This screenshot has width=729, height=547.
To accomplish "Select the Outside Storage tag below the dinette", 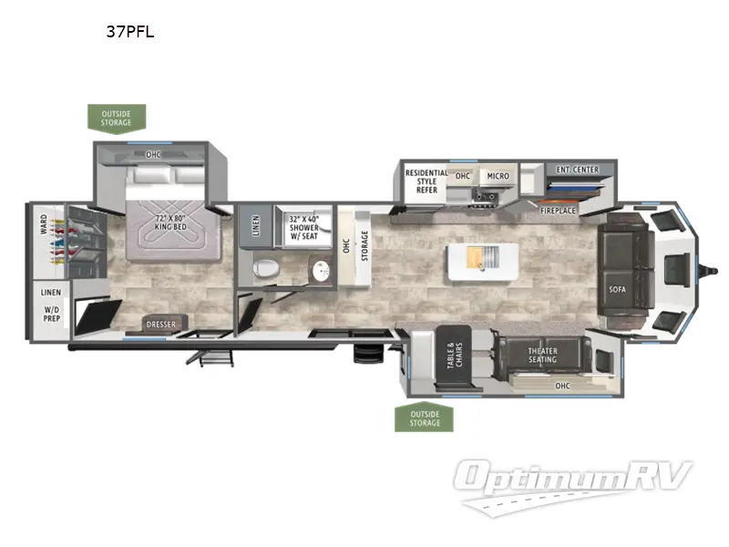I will point(425,418).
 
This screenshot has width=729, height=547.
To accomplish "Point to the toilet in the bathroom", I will point(265,269).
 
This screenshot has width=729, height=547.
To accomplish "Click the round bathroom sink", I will point(318,270).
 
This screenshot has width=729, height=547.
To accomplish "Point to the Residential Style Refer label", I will point(426,181).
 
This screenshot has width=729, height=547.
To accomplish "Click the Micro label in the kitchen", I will point(497,175).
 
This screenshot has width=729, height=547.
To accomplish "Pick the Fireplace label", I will point(558,211).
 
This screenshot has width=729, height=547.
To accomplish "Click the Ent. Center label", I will point(577,169).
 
